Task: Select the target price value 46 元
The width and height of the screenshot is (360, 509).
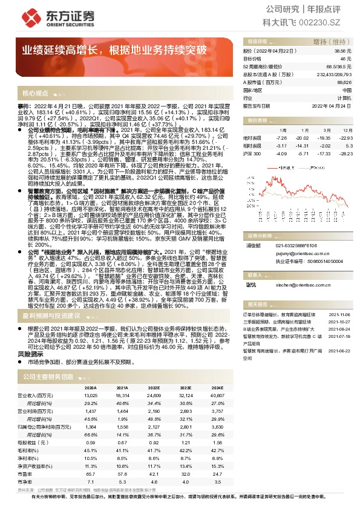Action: pyautogui.click(x=345, y=59)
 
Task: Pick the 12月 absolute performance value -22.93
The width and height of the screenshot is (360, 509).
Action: pyautogui.click(x=344, y=138)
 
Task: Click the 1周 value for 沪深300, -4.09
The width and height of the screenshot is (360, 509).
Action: pyautogui.click(x=280, y=154)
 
